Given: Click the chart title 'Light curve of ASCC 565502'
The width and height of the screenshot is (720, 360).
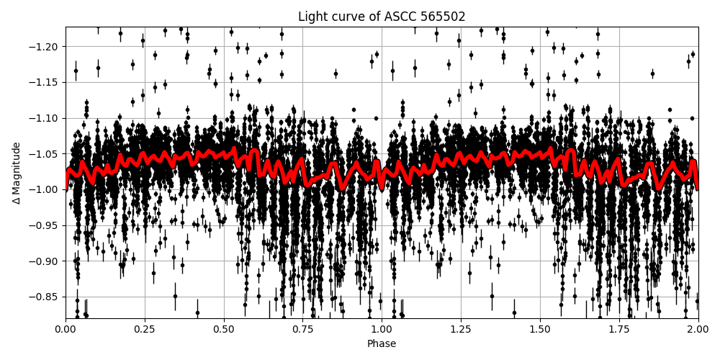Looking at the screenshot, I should (x=382, y=17).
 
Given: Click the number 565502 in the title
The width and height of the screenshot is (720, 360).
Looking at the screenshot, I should (x=442, y=17).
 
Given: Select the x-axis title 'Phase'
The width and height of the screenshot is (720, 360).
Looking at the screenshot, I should (x=382, y=344).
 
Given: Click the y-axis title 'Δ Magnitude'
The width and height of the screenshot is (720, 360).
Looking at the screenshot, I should (x=17, y=173).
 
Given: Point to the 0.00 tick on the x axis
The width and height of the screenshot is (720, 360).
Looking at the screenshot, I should (x=66, y=330).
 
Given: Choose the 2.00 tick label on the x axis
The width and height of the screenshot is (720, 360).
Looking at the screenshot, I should (x=698, y=330).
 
